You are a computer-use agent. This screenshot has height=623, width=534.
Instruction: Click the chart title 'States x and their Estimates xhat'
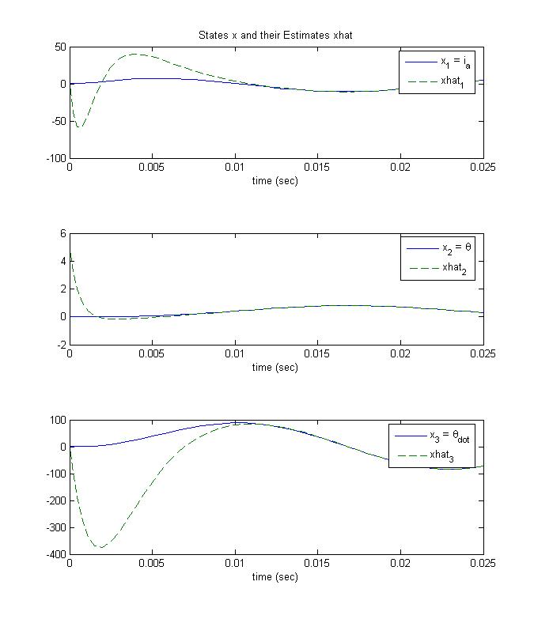point(276,36)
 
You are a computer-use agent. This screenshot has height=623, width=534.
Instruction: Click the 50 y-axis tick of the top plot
point(59,47)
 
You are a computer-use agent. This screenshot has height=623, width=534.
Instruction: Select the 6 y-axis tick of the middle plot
point(63,234)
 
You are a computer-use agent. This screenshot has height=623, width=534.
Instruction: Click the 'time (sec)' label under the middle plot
point(275,368)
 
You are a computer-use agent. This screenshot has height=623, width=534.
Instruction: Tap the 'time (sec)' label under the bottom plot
point(275,577)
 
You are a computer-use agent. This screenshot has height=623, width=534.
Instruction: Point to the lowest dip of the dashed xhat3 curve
point(100,547)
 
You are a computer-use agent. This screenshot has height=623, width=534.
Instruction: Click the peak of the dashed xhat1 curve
point(135,54)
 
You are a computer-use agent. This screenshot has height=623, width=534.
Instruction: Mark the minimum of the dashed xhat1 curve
point(79,127)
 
